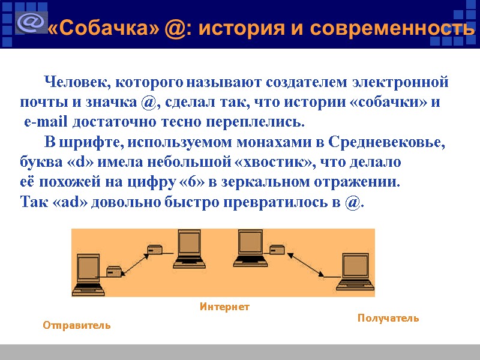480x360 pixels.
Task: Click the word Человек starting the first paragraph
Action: [x=77, y=81]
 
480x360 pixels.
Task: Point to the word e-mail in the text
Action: [x=46, y=122]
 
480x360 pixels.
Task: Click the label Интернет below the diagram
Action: [x=224, y=307]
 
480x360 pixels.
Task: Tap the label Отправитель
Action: [x=77, y=325]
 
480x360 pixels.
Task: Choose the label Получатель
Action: [x=388, y=318]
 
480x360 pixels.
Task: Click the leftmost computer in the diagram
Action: [x=89, y=274]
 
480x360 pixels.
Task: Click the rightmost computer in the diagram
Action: [x=355, y=274]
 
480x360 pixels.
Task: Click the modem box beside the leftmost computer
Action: [x=114, y=271]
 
